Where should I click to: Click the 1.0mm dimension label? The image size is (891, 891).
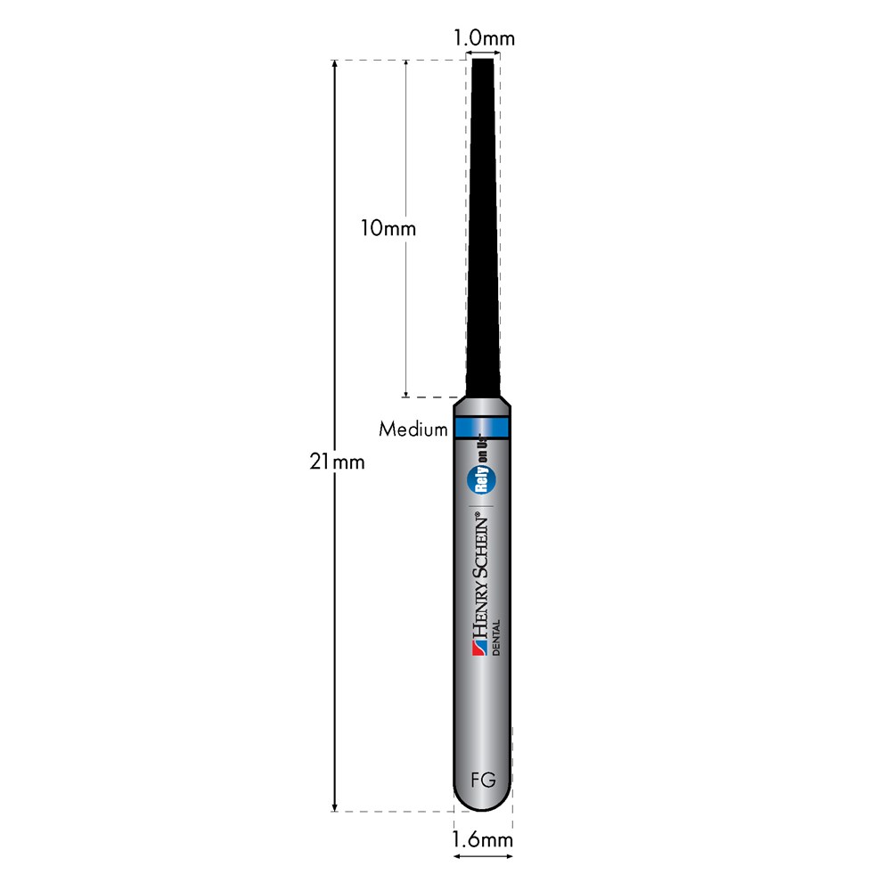[484, 38]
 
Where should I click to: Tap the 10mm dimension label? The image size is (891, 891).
[388, 228]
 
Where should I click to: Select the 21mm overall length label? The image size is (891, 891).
[337, 462]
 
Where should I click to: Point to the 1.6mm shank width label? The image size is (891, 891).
[482, 839]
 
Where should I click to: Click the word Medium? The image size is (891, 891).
[413, 429]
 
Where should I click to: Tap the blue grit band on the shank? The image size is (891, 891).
[482, 428]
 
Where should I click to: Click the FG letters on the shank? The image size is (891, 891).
[483, 781]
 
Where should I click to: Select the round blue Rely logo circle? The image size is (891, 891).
[481, 479]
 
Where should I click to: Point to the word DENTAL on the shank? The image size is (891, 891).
[496, 638]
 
